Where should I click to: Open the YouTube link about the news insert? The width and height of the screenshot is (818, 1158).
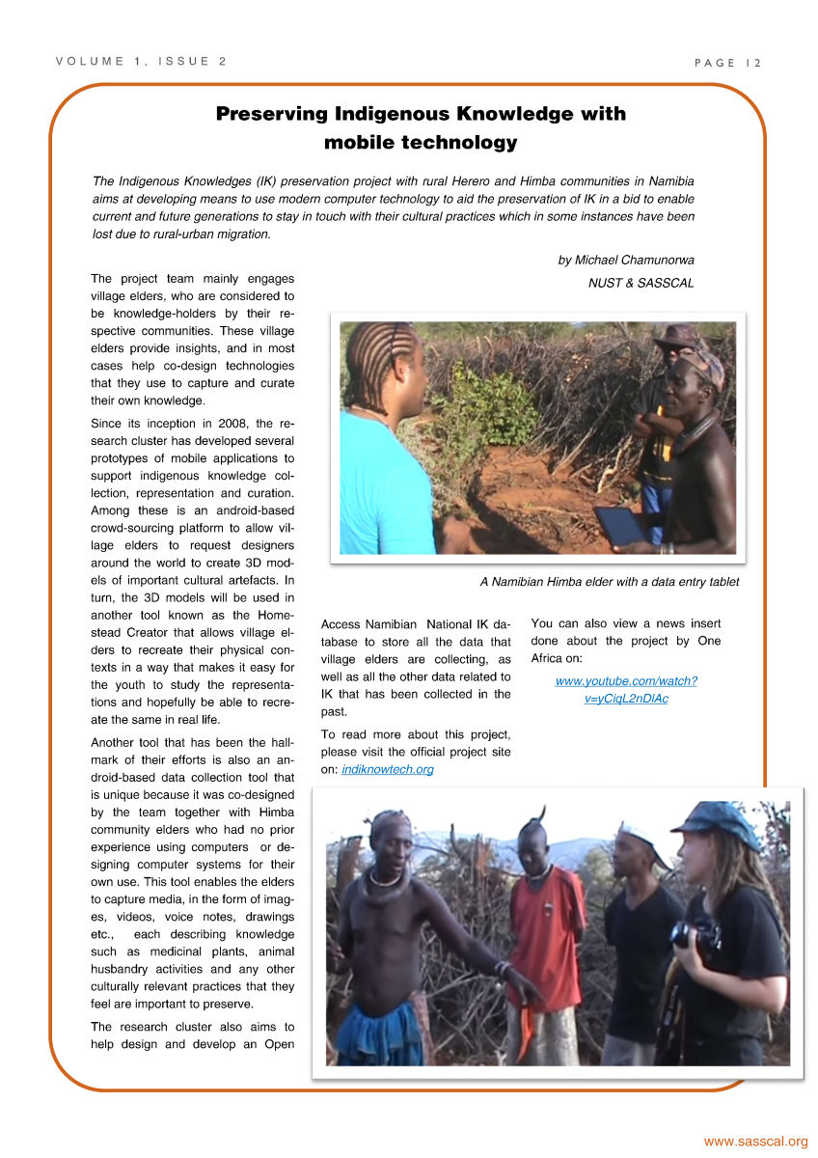tap(626, 690)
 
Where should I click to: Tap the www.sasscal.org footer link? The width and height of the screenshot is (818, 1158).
tap(755, 1142)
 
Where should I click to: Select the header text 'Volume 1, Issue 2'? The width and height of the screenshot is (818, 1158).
tap(141, 62)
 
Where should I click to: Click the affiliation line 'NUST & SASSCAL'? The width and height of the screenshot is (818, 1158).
tap(641, 283)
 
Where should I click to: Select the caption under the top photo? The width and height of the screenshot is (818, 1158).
tap(609, 582)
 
